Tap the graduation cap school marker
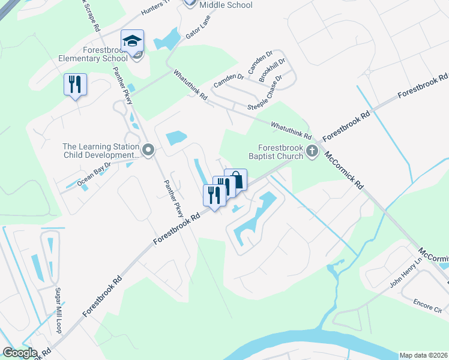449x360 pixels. pos(132,41)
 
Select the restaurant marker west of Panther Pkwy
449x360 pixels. pos(76,85)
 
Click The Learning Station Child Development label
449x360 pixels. pos(101,150)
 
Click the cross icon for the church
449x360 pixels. pos(312,151)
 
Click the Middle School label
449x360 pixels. pos(226,5)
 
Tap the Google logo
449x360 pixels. pos(20,353)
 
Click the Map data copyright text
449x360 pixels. pos(423,355)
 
